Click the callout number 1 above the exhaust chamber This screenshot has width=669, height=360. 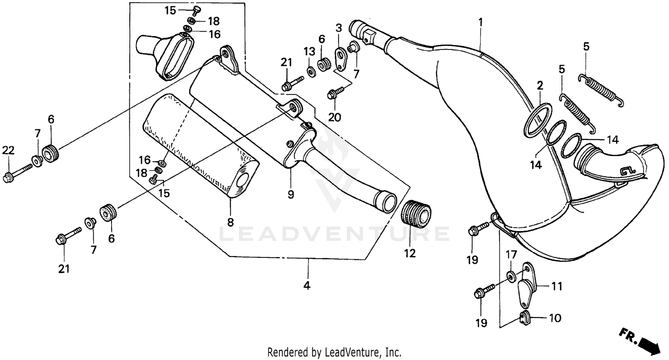(480, 21)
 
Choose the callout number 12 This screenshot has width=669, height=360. (410, 253)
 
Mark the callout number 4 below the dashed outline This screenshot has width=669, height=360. (306, 285)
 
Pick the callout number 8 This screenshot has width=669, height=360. (231, 222)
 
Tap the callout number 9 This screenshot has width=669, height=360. (290, 194)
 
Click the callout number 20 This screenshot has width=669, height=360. (334, 117)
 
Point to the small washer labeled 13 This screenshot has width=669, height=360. (310, 70)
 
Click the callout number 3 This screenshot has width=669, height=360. (339, 28)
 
